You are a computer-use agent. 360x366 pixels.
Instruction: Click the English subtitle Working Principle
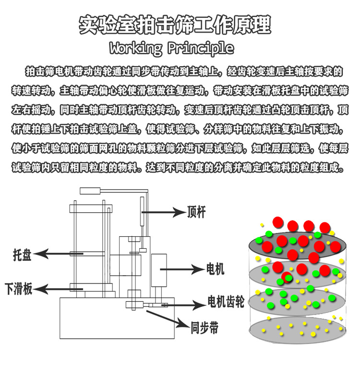[x=171, y=48]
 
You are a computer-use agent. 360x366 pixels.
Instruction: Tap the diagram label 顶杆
[x=196, y=212]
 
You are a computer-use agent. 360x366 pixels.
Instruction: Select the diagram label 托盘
[x=22, y=255]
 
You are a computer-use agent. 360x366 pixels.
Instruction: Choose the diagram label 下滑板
[x=19, y=289]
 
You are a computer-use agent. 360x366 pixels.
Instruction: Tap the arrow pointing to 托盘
[x=55, y=253]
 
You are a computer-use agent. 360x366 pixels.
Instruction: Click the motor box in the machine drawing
[x=158, y=269]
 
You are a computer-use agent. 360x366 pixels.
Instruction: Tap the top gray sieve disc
[x=298, y=245]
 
